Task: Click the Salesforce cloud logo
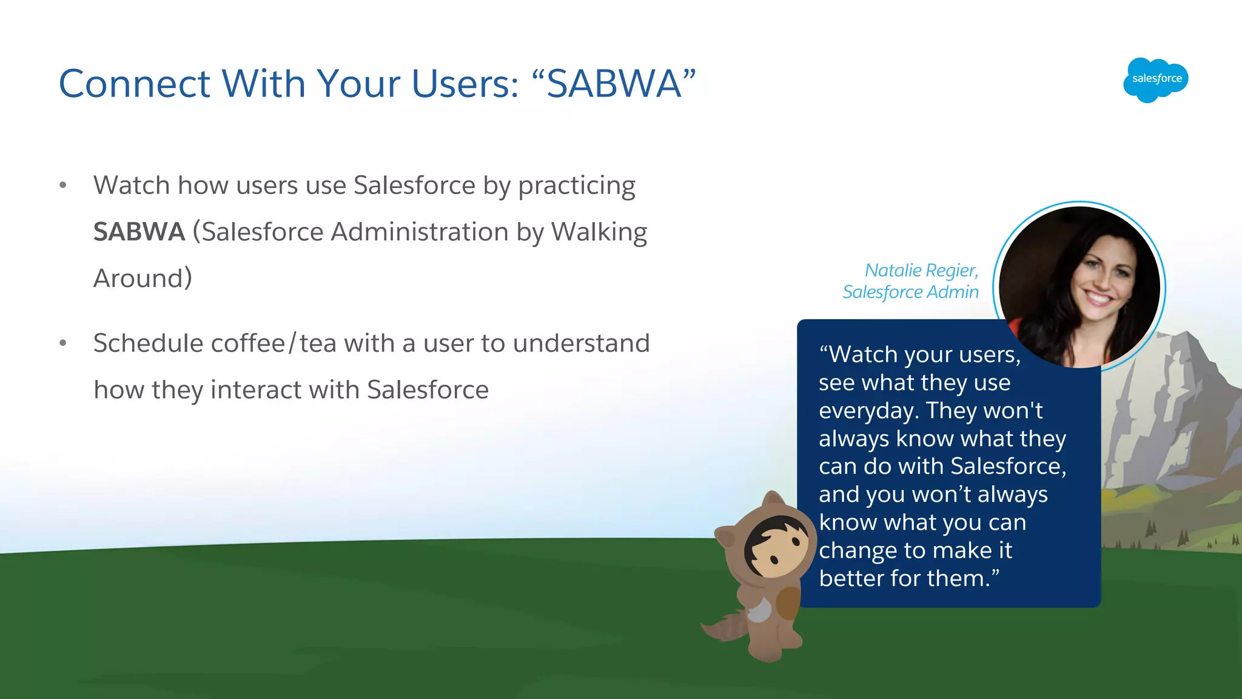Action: [x=1155, y=79]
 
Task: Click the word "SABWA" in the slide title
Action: [x=614, y=83]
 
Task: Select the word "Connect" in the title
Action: [x=135, y=83]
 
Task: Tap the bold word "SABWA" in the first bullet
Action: [x=139, y=232]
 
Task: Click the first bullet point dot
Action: [x=63, y=185]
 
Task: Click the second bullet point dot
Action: [x=63, y=343]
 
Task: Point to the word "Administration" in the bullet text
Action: [x=419, y=232]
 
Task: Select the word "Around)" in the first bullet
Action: [x=143, y=279]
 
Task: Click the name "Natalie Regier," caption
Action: [x=921, y=270]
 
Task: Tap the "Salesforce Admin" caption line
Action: [x=910, y=292]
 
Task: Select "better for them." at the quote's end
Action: [x=908, y=578]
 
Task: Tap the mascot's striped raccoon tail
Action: [x=727, y=628]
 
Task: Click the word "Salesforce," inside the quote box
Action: [x=1008, y=467]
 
